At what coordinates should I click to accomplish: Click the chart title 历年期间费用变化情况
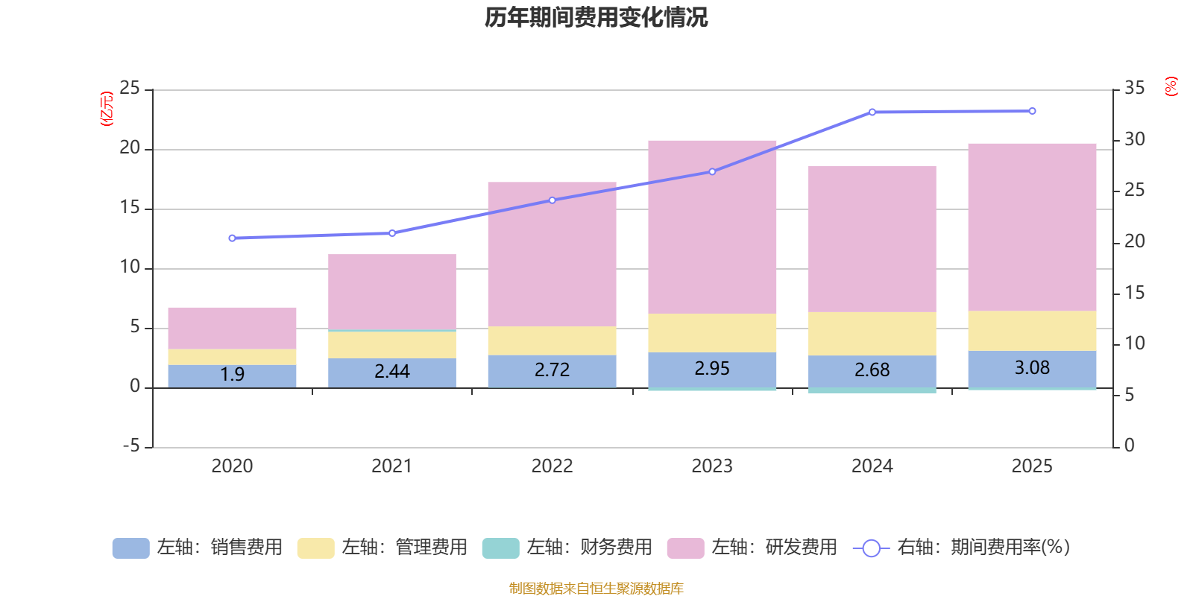click(x=596, y=17)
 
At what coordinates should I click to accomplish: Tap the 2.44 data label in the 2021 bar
click(x=392, y=371)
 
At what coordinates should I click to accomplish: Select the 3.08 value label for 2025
click(x=1032, y=367)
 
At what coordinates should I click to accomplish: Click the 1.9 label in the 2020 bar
click(x=232, y=374)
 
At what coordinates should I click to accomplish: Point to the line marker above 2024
click(x=872, y=112)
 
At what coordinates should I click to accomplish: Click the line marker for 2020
click(x=232, y=238)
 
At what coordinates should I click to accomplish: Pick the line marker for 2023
click(x=712, y=171)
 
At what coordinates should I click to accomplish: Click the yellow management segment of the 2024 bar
click(x=872, y=334)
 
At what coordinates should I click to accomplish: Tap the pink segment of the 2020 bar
click(x=232, y=328)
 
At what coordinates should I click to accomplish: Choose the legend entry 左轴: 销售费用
click(x=198, y=548)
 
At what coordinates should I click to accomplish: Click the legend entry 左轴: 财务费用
click(x=567, y=548)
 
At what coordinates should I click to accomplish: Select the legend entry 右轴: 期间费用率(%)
click(x=962, y=548)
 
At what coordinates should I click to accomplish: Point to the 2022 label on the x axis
click(x=552, y=466)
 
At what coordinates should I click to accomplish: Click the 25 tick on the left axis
click(x=130, y=88)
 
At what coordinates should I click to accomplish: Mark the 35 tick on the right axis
click(x=1134, y=88)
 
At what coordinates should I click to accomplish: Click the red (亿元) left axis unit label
click(x=107, y=109)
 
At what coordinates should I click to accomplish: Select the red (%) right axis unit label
click(x=1171, y=86)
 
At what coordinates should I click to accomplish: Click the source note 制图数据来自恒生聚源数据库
click(x=596, y=589)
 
